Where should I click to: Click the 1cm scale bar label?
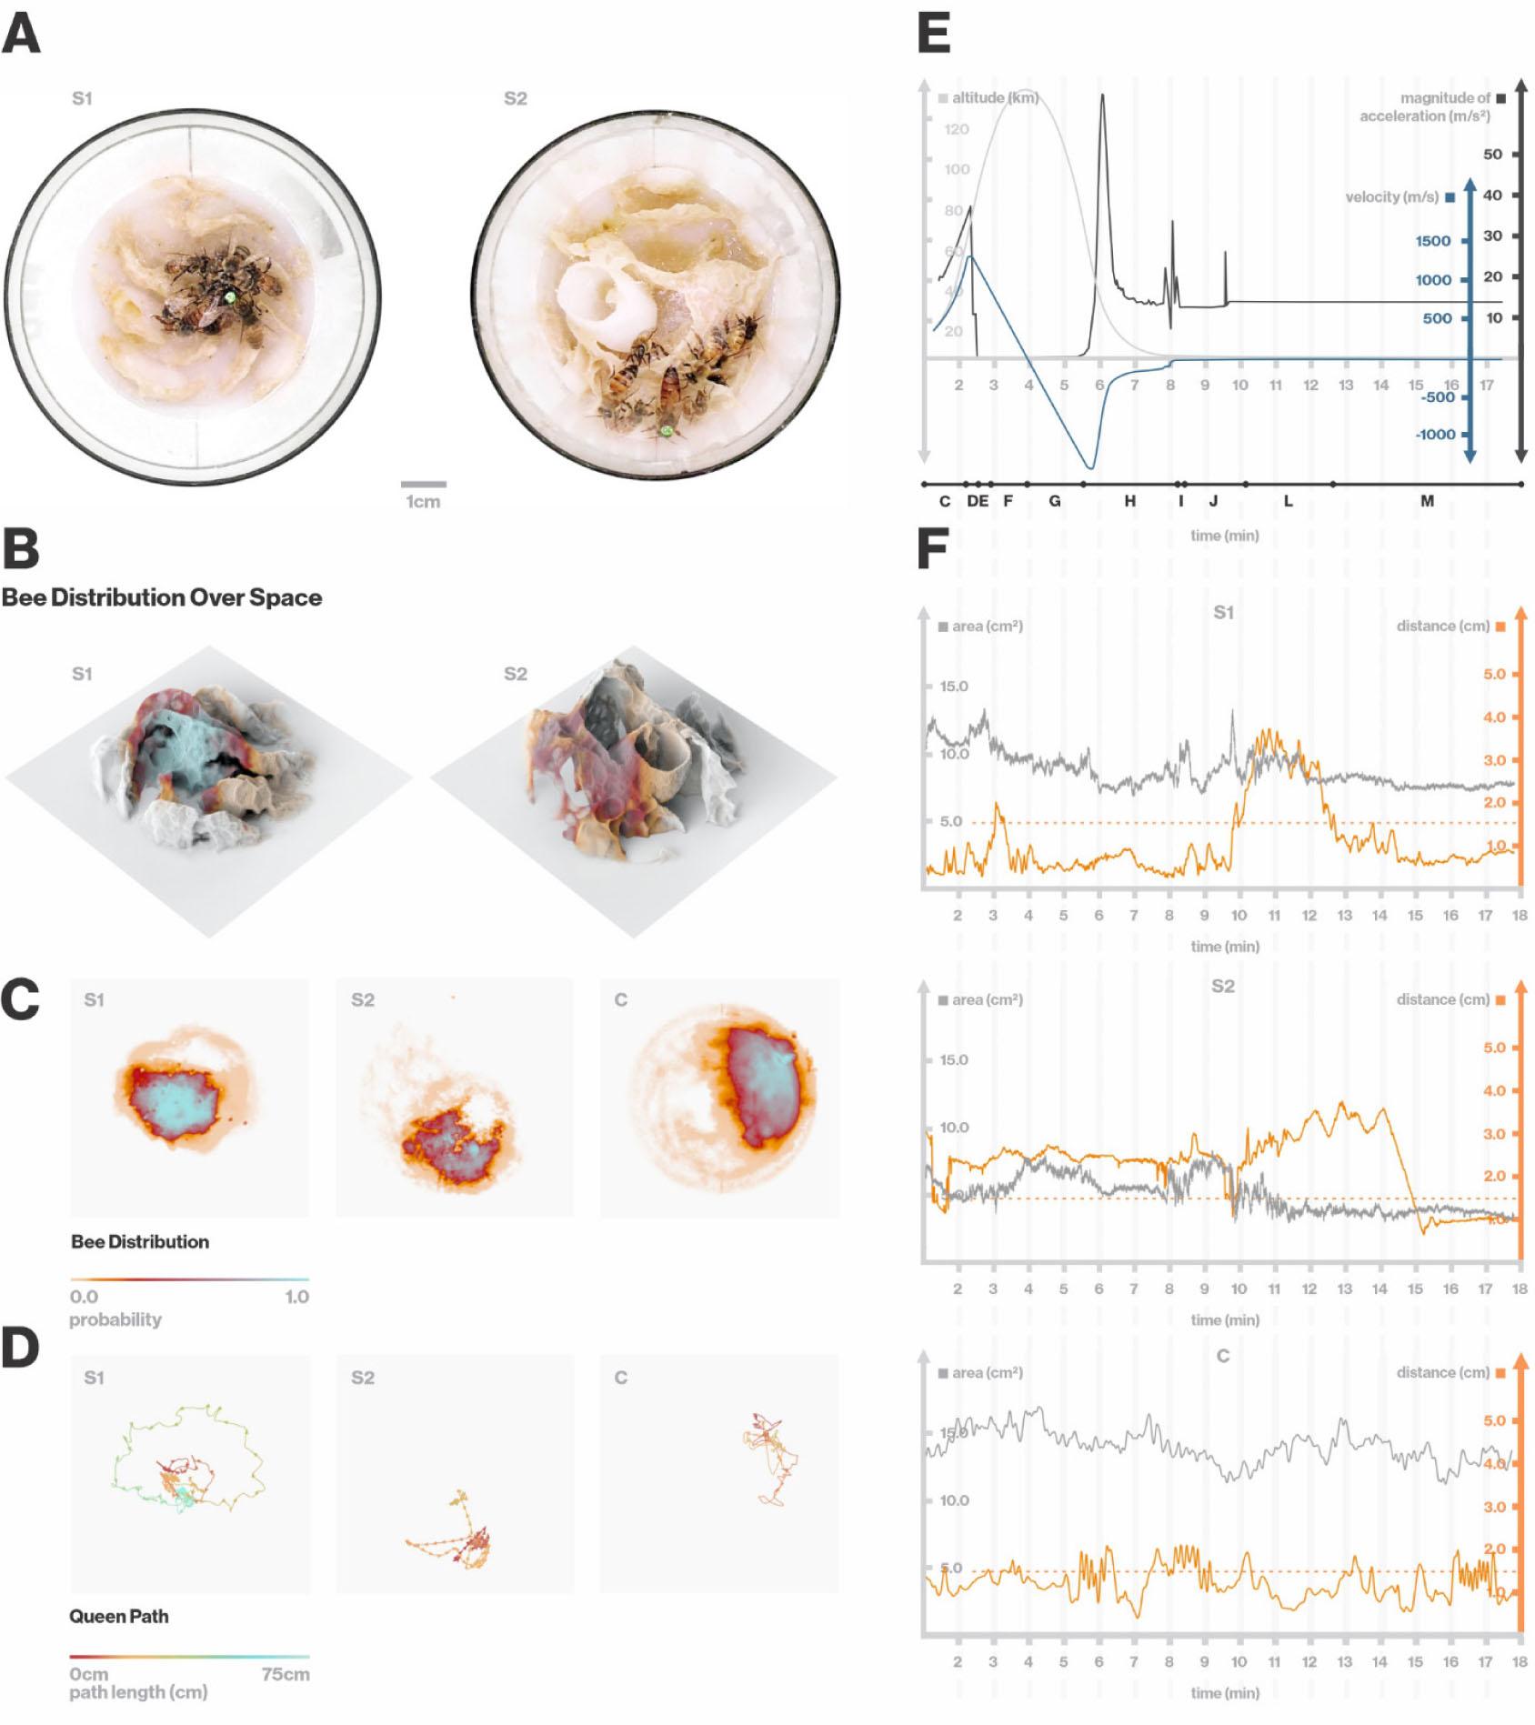coord(423,502)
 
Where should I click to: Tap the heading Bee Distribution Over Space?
coord(162,597)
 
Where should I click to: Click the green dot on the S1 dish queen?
coord(231,296)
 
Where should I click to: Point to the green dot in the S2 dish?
coord(667,430)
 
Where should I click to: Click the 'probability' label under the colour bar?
coord(115,1319)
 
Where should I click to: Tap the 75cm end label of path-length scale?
coord(285,1674)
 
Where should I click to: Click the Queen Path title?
coord(119,1616)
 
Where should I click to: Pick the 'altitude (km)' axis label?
coord(995,97)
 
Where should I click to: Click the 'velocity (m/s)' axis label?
coord(1391,196)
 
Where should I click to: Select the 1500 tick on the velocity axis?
coord(1432,241)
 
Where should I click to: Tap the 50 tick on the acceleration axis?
coord(1492,154)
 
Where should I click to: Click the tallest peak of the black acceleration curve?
coord(1102,95)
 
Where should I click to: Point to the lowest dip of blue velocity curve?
coord(1090,467)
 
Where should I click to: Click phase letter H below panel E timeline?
coord(1129,501)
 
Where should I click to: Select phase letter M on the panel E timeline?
coord(1427,501)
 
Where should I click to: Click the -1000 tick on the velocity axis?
coord(1435,435)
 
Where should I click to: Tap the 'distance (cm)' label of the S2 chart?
coord(1442,999)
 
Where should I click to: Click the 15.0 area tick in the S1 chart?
coord(953,687)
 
